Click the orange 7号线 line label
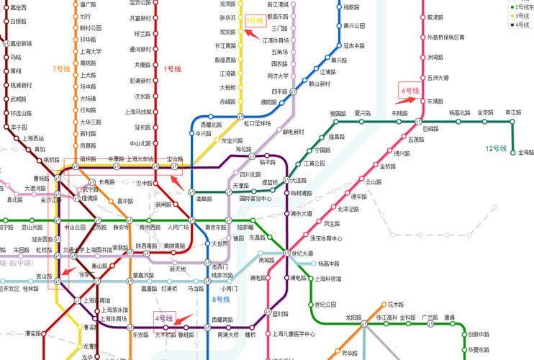[x=61, y=69]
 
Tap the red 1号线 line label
[x=173, y=69]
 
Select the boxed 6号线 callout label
[x=409, y=91]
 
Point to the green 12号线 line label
[x=496, y=148]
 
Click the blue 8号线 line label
[x=221, y=299]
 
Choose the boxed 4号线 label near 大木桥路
[x=164, y=318]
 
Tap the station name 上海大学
[x=91, y=51]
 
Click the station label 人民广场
[x=177, y=228]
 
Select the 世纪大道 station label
[x=302, y=253]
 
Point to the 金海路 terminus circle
[x=513, y=153]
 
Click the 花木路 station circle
[x=382, y=305]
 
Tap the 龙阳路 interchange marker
[x=363, y=323]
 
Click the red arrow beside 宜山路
[x=68, y=271]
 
